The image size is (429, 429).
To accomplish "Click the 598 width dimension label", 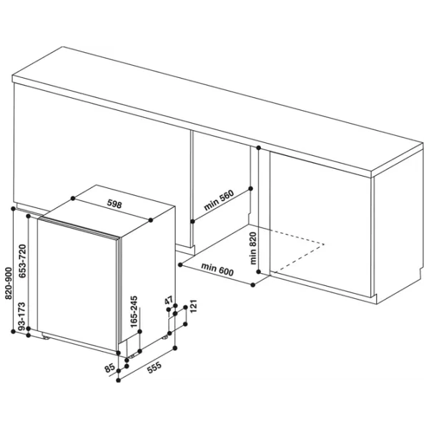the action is (x=114, y=204).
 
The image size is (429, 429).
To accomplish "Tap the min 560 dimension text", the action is (x=219, y=200).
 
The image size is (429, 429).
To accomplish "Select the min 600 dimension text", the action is (x=217, y=270).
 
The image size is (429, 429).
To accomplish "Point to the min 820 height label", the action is (x=253, y=248).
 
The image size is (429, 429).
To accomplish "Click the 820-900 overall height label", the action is (x=9, y=283).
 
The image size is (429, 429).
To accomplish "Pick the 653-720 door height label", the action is (x=22, y=261).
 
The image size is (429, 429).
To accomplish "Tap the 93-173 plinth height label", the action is (x=21, y=316).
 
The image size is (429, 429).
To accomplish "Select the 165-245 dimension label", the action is (x=134, y=312).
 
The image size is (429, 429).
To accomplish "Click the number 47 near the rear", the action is (x=169, y=300).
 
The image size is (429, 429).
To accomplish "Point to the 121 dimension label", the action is (x=194, y=307).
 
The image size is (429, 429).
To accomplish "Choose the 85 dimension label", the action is (x=109, y=368).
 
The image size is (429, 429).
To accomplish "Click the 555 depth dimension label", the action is (x=154, y=368).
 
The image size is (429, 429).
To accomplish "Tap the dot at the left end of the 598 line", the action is (x=73, y=198).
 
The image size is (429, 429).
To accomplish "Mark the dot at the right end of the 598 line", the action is (x=150, y=220).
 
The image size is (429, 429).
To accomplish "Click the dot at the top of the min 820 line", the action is (x=259, y=148).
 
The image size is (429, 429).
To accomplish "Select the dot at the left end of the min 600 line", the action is (x=180, y=265).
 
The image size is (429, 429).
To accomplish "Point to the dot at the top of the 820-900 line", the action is (x=13, y=209).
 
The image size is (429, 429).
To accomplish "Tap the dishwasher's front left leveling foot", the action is (x=46, y=337).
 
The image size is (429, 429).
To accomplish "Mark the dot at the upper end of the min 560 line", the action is (x=251, y=189).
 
